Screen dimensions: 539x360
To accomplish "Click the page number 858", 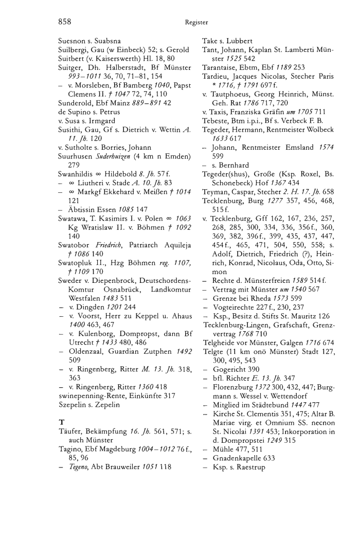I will [64, 22].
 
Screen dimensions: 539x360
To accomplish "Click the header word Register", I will [197, 22].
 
